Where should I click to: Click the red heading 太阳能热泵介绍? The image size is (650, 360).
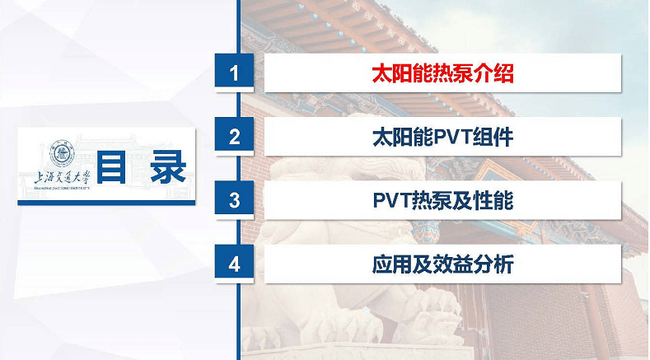coord(442,73)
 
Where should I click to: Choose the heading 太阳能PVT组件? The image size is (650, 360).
coord(442,138)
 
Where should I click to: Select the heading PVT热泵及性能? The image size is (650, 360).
coord(442,201)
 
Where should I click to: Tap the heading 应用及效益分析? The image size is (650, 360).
coord(442,264)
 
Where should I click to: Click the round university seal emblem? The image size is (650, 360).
coord(62,153)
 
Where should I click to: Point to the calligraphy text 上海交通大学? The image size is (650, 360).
coord(62,178)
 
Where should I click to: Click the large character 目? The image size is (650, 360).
coord(111,167)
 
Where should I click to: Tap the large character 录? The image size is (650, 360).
coord(168,167)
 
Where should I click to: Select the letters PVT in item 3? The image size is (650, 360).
coord(392,201)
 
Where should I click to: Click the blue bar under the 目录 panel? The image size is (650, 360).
coord(106,203)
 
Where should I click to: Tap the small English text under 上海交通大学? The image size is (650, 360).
coord(62,189)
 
